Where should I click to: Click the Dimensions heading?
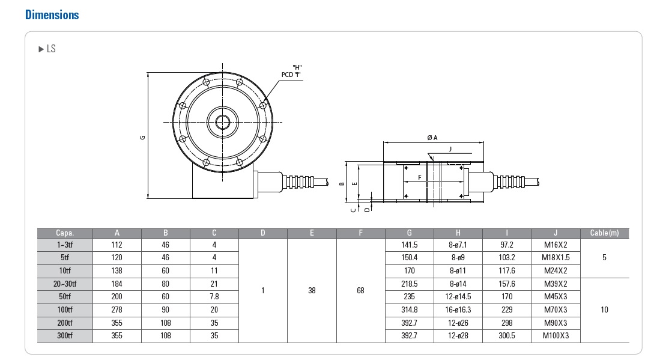(52, 14)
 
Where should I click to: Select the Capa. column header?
(65, 233)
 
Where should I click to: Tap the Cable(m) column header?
(604, 233)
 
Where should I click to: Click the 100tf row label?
(65, 310)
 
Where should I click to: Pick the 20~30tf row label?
(65, 284)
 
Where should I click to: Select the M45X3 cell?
(555, 296)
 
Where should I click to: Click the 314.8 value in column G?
(409, 310)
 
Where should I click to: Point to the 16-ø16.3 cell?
(458, 310)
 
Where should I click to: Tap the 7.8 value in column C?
(214, 296)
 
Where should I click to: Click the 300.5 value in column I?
(507, 335)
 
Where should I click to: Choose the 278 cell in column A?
(117, 310)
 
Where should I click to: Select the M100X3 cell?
(555, 335)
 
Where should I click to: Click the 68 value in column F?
(360, 290)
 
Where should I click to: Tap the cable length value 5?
(604, 257)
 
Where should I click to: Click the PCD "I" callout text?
(291, 75)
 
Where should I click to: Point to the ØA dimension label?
(432, 138)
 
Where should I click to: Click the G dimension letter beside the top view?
(142, 137)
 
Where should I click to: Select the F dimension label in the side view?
(419, 177)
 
